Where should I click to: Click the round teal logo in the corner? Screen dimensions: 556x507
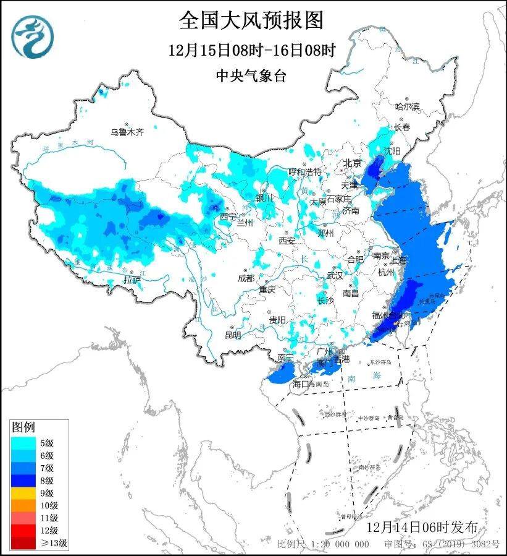(33, 36)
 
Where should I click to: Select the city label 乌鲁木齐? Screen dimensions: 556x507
(127, 132)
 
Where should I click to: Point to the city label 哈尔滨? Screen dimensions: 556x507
(407, 107)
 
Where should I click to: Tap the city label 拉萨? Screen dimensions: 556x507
(132, 280)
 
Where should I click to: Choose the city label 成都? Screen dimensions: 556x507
(246, 278)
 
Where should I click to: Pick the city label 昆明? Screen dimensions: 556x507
(233, 335)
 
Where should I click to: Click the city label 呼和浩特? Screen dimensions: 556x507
(306, 171)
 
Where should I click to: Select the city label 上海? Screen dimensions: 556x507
(398, 260)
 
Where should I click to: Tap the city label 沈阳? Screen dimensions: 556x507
(393, 150)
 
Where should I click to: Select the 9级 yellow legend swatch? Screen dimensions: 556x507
(22, 493)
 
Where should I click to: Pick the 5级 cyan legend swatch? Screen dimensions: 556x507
(22, 442)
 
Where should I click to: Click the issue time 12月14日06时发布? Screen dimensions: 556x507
(422, 527)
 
